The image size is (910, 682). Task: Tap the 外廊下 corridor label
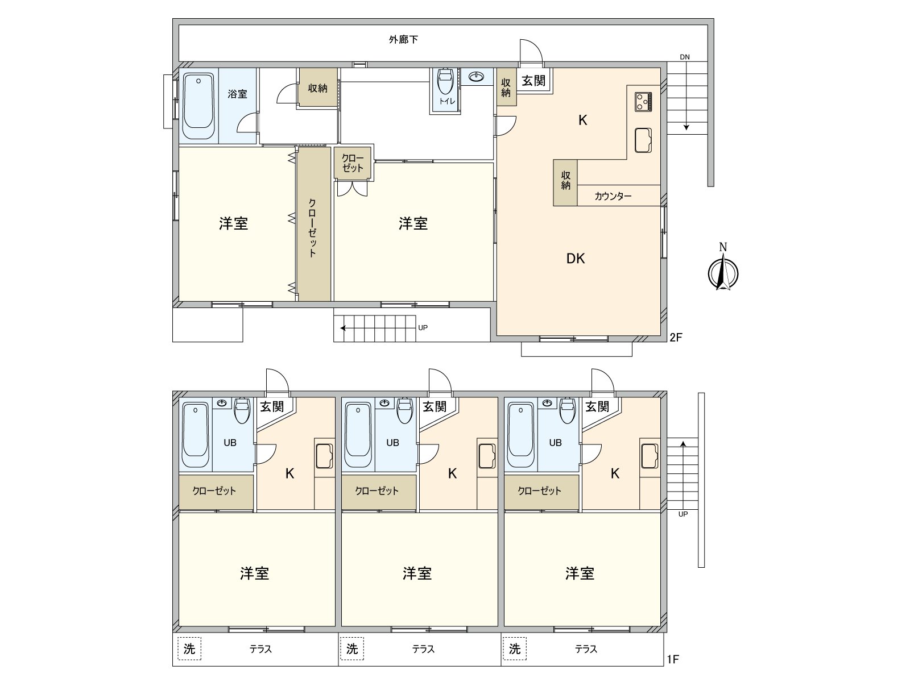[x=403, y=40]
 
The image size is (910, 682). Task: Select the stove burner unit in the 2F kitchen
[x=643, y=102]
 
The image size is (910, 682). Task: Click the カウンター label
[x=613, y=196]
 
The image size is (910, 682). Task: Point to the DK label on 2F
[x=576, y=259]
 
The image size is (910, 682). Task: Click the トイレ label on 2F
[x=448, y=101]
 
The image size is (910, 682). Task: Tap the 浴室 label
[x=237, y=94]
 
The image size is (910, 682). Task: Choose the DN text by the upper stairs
[x=684, y=57]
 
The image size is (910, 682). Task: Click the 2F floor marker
[x=676, y=338]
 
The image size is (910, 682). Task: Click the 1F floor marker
[x=673, y=659]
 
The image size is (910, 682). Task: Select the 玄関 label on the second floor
[x=533, y=80]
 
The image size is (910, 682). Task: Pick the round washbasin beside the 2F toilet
[x=477, y=77]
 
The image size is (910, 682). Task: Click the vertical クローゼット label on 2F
[x=313, y=228]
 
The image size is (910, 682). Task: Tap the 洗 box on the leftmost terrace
[x=189, y=648]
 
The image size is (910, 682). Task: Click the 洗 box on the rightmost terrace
[x=515, y=648]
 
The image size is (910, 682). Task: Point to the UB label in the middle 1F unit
[x=392, y=443]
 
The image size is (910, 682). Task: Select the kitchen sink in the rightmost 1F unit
[x=650, y=456]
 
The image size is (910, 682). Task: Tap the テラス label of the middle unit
[x=423, y=649]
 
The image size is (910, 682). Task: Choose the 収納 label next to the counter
[x=565, y=181]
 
